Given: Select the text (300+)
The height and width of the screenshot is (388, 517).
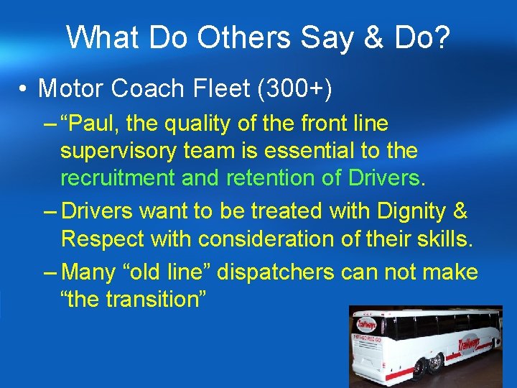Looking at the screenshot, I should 289,88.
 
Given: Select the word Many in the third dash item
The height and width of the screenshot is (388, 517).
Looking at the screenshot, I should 88,273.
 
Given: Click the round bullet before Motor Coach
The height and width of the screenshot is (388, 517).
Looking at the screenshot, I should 24,89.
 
